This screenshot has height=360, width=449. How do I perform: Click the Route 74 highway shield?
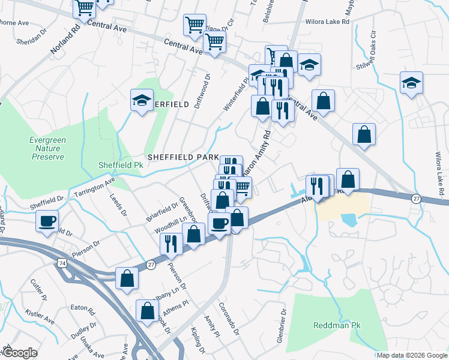point(62,263)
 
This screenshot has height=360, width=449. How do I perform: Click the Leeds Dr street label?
point(118,205)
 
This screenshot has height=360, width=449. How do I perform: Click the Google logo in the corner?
point(20,353)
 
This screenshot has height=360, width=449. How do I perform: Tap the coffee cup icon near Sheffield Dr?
point(47,220)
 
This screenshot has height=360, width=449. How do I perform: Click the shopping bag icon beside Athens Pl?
point(147,310)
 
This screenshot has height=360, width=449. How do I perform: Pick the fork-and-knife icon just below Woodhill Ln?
point(170,242)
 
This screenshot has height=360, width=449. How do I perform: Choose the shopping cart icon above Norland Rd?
point(84,8)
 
